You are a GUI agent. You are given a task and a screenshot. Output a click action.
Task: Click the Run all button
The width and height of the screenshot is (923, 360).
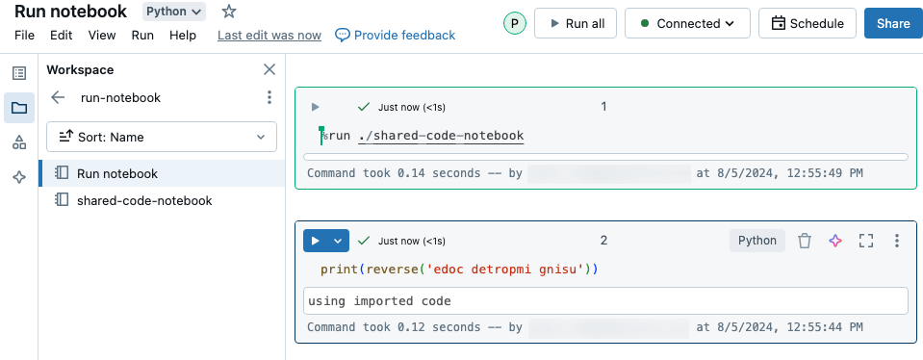coord(576,23)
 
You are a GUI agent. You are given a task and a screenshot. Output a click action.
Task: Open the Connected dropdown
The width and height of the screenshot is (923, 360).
coord(687,23)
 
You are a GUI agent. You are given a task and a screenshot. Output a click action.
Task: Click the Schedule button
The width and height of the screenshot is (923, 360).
coord(808,23)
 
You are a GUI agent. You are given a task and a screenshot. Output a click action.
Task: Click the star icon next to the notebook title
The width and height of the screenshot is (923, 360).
coord(228,12)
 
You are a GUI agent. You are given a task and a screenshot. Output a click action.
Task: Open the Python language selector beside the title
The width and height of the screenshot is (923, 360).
coord(174,12)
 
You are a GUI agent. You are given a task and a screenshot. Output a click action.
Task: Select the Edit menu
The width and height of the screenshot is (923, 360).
coord(62,36)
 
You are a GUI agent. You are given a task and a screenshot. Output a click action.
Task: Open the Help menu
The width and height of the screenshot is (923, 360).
coord(183,36)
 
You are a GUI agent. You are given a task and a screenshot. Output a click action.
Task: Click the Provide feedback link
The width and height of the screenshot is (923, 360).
coord(395,36)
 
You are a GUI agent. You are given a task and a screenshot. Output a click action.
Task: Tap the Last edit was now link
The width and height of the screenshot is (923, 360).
coord(269,36)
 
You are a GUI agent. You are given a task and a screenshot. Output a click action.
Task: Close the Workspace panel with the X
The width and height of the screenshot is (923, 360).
coord(269,69)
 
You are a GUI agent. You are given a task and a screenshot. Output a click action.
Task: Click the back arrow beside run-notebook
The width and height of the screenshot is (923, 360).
coord(58,97)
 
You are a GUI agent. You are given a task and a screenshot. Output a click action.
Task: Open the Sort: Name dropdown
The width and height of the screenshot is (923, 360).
coord(162,137)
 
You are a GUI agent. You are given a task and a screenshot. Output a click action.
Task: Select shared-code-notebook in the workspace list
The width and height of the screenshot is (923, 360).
coord(144,200)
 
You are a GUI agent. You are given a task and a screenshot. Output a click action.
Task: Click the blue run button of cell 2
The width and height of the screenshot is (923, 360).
coord(316,241)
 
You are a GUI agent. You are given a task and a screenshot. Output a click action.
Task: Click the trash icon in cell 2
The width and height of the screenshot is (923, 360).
coord(806,241)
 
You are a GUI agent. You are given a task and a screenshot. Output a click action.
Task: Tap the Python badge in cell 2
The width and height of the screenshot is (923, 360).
coord(757,241)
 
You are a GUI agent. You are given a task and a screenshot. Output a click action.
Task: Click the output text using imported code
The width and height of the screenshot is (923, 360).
coord(379,301)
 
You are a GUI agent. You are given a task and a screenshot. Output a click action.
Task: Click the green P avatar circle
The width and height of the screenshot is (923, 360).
coord(515,23)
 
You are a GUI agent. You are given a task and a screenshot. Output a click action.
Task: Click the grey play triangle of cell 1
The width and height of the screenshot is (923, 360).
coord(316,107)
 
